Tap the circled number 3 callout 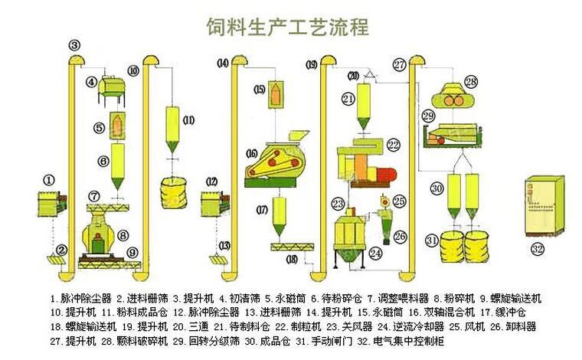pos(74,45)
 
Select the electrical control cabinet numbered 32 pos(542,205)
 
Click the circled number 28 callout pos(470,81)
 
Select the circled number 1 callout pos(49,180)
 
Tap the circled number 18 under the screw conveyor pos(291,260)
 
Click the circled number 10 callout pos(133,70)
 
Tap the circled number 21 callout pos(349,99)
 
